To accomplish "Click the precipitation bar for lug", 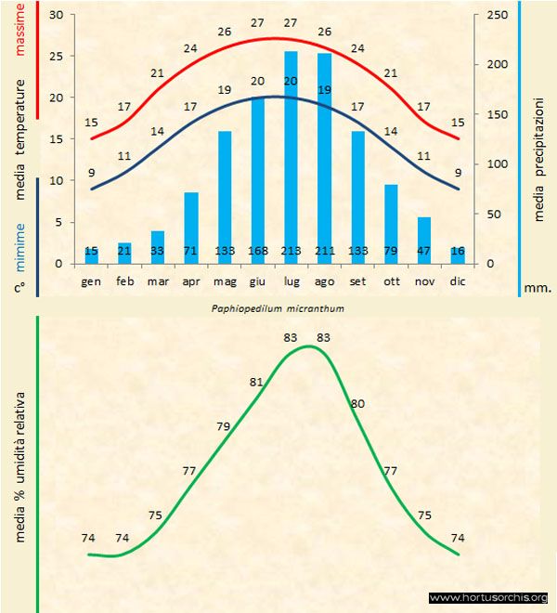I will (291, 158).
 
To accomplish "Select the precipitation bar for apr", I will (191, 228).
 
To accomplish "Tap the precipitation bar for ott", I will (391, 224).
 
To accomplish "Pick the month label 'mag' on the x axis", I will (224, 280).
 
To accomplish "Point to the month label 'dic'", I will (457, 280).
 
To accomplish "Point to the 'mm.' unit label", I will (538, 288).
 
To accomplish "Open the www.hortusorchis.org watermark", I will (489, 597).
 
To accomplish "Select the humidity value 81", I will (256, 382).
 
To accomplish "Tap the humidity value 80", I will (358, 403).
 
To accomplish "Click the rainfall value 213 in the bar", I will (291, 252).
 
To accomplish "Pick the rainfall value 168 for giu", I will (257, 252).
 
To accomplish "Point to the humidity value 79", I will (223, 426).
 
